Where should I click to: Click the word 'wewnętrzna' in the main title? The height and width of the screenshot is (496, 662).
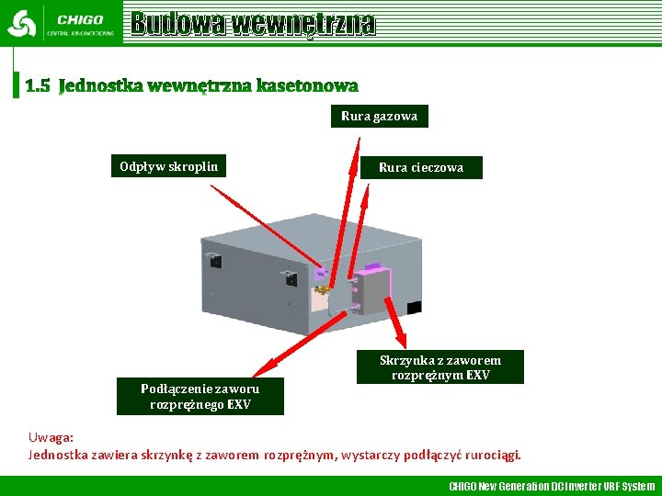(x=302, y=23)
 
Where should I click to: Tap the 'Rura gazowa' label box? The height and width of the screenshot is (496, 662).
(x=379, y=116)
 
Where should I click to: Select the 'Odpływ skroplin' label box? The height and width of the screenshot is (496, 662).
(x=169, y=166)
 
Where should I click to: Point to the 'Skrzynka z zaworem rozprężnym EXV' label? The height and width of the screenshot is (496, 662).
(x=440, y=367)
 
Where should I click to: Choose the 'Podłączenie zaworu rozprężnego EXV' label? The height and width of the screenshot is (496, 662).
(x=200, y=397)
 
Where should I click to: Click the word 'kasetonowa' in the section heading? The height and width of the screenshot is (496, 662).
(x=307, y=86)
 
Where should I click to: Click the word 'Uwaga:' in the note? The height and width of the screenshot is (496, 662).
(x=51, y=438)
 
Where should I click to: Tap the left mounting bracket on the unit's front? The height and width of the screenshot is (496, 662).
(x=214, y=260)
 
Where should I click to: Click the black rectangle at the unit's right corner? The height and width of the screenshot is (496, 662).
(x=414, y=307)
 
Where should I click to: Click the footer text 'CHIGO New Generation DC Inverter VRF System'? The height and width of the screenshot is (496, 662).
(x=552, y=486)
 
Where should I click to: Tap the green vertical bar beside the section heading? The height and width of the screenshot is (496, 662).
(x=16, y=74)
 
